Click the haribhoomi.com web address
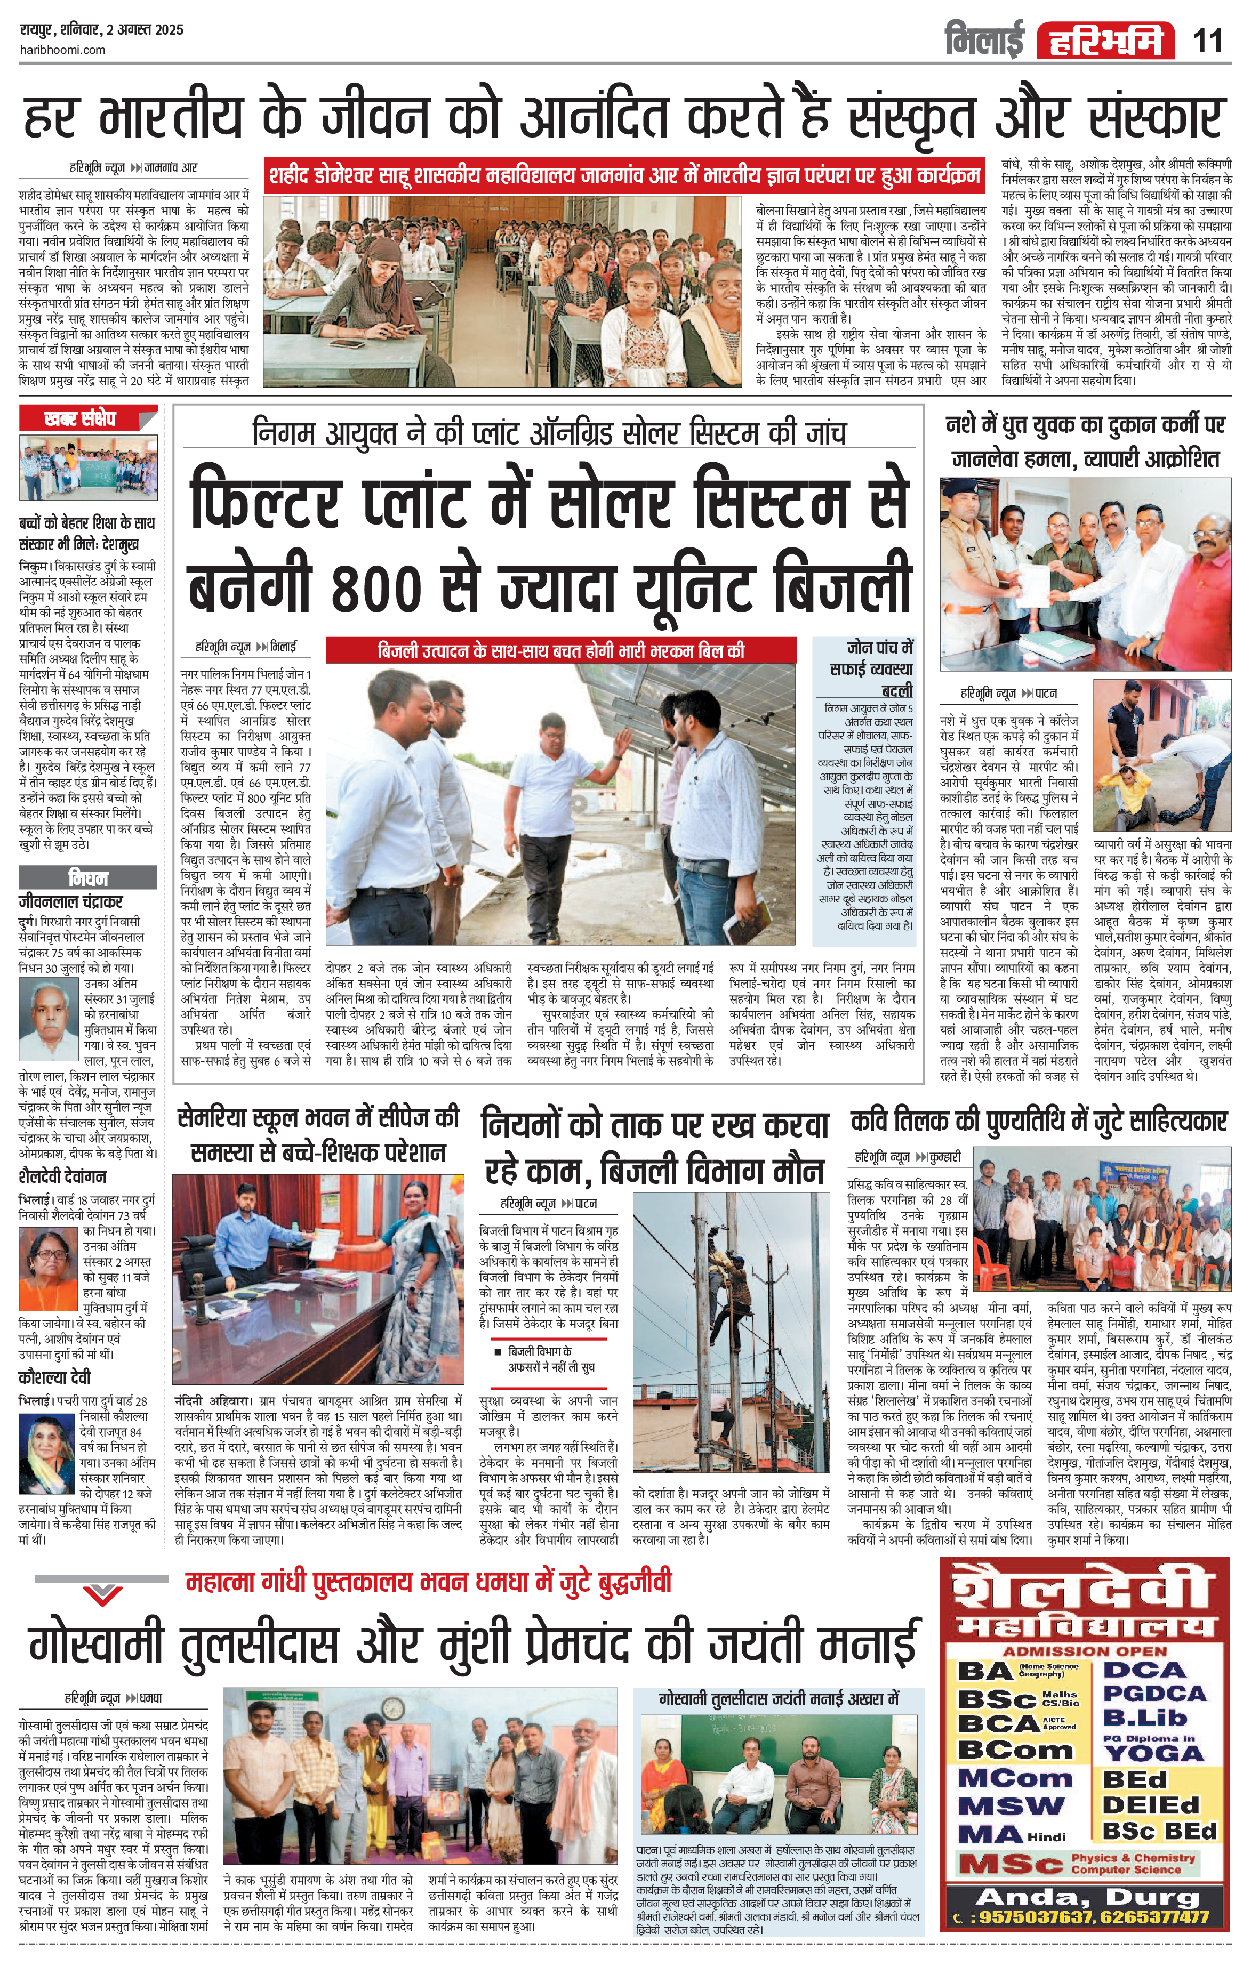62,50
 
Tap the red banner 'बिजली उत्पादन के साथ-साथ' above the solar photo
560,650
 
